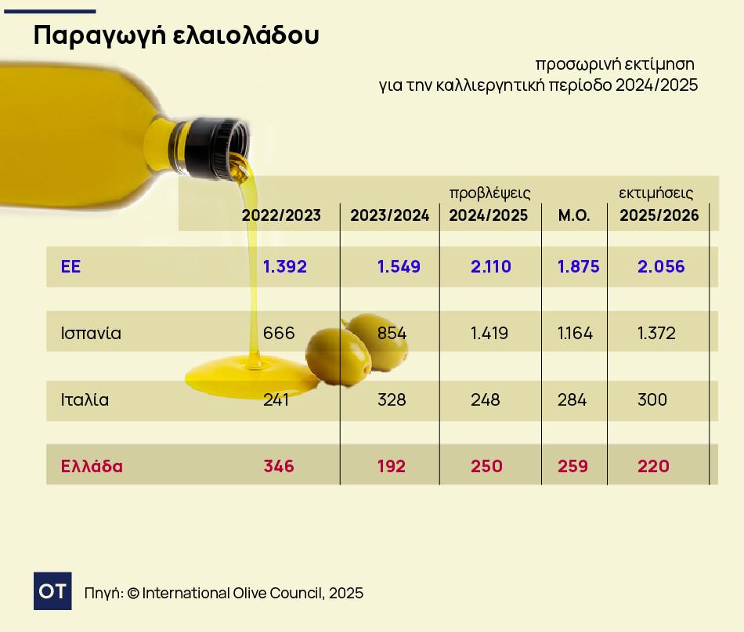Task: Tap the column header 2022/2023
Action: click(281, 216)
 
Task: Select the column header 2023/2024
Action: click(390, 216)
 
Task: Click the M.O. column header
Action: click(574, 216)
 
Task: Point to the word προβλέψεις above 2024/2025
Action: click(489, 193)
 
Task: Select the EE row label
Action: click(71, 266)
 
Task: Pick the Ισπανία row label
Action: click(91, 334)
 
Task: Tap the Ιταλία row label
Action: click(85, 400)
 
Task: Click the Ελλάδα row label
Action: click(92, 467)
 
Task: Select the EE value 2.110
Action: click(491, 266)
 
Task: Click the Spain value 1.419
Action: click(489, 334)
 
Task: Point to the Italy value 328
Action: click(392, 400)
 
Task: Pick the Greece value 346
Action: click(279, 467)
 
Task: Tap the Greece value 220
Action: click(653, 467)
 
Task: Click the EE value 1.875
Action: click(579, 266)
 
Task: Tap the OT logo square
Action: click(52, 591)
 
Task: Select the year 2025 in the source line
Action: click(346, 593)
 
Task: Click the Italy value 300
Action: click(652, 400)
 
